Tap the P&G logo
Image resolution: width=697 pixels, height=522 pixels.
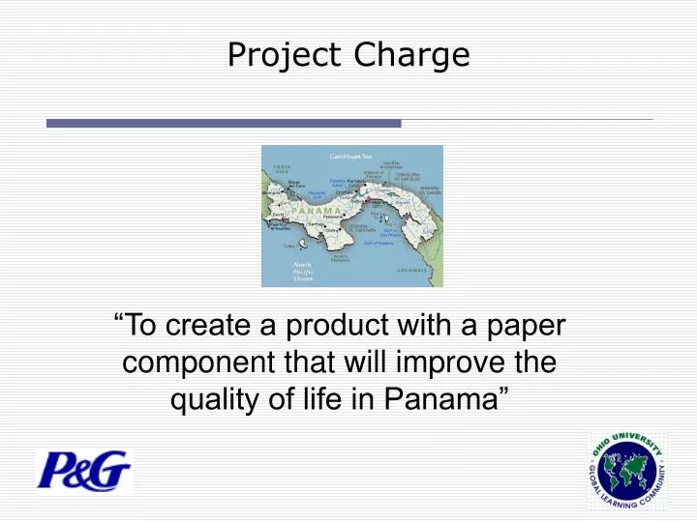[x=83, y=472]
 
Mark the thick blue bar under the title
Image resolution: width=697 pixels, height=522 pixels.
[x=224, y=124]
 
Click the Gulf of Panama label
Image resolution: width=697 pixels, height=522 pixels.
[x=380, y=243]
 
